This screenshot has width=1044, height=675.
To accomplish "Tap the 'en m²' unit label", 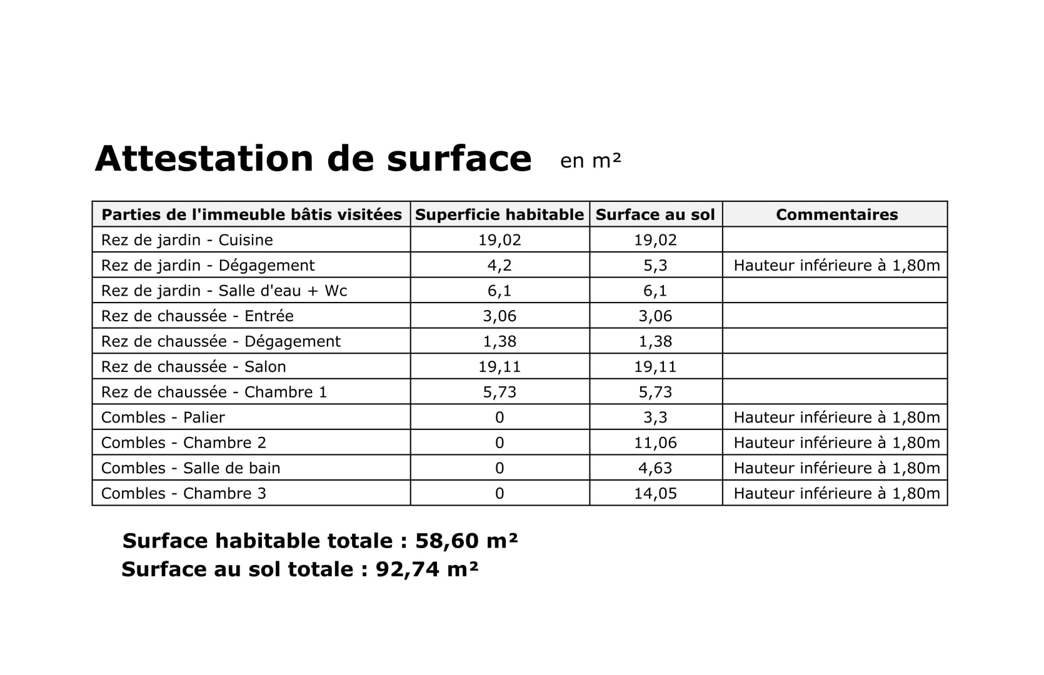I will tap(590, 161).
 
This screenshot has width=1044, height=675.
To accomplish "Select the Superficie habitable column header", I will tap(499, 214).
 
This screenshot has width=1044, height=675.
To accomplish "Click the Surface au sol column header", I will tap(655, 214).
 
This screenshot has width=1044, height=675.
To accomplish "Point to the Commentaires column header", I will tap(836, 214).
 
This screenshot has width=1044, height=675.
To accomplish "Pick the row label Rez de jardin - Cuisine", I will tap(187, 240).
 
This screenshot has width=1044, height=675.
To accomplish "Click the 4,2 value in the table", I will tap(499, 266).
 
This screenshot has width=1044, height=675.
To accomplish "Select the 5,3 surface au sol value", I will tap(655, 266).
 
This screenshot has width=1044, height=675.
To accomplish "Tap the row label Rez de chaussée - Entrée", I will tap(197, 316).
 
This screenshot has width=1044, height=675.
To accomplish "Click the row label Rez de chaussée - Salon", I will tap(193, 367).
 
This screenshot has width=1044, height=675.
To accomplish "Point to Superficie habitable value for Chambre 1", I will tap(499, 392).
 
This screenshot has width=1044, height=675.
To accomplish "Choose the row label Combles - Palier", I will tap(163, 417).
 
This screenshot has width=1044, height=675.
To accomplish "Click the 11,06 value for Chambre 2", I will tap(655, 443).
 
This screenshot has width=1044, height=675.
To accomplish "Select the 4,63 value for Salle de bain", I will tap(655, 468).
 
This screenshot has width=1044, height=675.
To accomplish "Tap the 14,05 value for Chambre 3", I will tap(655, 494).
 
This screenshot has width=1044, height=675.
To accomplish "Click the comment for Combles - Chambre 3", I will tap(836, 494).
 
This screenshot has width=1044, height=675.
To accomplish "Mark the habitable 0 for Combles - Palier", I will tap(499, 417).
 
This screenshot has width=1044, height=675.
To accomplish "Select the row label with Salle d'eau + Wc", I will tap(224, 291).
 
